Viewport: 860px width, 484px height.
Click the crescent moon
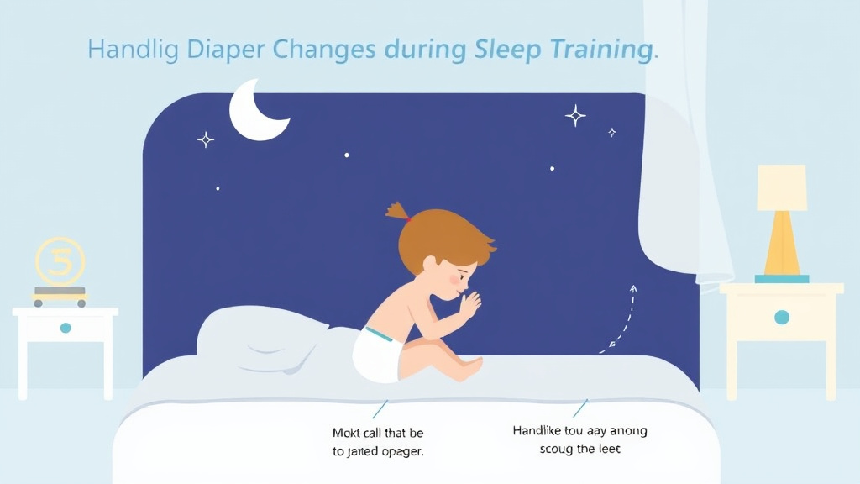[x=254, y=113]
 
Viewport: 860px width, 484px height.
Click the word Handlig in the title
[x=133, y=50]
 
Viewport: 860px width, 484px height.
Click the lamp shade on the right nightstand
[x=781, y=187]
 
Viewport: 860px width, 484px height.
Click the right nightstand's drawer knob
[x=781, y=318]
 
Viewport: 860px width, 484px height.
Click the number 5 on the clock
[x=60, y=260]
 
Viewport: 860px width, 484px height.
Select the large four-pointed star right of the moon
[x=575, y=115]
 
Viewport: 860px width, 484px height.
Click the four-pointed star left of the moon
[x=205, y=139]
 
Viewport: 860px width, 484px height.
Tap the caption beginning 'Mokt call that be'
[x=378, y=441]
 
